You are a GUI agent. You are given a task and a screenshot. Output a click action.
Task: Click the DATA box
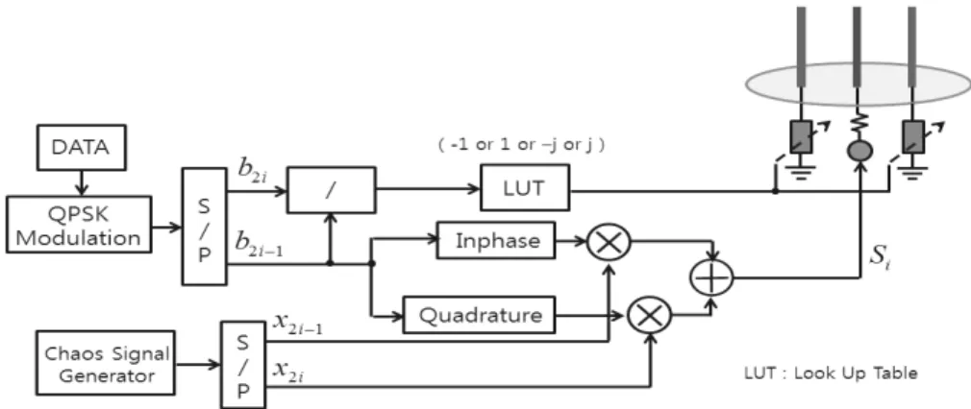tap(81, 147)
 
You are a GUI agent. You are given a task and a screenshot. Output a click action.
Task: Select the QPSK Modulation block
tap(79, 224)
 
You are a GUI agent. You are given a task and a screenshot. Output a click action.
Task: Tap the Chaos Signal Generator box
tap(106, 363)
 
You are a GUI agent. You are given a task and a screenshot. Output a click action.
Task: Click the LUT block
tap(525, 187)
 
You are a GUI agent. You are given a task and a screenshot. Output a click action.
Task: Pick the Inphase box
tap(497, 240)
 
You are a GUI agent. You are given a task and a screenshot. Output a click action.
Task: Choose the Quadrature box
tap(480, 316)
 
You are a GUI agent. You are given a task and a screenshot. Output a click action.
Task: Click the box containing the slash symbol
tap(332, 190)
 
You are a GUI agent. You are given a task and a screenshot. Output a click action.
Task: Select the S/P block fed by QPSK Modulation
tap(205, 227)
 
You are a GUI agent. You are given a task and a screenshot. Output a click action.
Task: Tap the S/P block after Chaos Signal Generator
tap(243, 365)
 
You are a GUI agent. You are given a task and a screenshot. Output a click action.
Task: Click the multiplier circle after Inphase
tap(609, 241)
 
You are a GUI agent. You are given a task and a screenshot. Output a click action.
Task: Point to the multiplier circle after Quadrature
tap(650, 316)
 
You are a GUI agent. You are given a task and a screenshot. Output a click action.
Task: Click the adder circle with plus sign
tap(711, 277)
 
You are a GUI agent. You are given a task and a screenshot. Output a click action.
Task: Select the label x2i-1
tap(297, 325)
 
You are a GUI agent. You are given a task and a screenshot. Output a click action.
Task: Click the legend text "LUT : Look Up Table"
tap(831, 373)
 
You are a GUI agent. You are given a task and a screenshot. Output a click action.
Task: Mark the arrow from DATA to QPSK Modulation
tap(81, 182)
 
